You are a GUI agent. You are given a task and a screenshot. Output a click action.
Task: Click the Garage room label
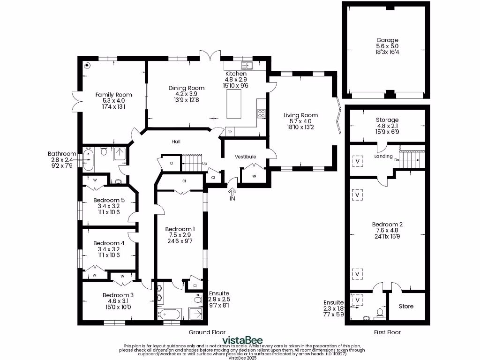pyautogui.click(x=387, y=40)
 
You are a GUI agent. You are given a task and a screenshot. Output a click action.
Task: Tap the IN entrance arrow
pyautogui.click(x=232, y=191)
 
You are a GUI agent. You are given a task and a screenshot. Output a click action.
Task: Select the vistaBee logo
pyautogui.click(x=242, y=340)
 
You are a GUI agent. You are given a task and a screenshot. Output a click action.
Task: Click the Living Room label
pyautogui.click(x=300, y=115)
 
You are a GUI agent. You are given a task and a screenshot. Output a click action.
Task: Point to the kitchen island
pyautogui.click(x=234, y=105)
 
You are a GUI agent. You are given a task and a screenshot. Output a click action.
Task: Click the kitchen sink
pyautogui.click(x=247, y=65)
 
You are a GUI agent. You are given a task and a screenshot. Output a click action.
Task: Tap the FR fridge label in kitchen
pyautogui.click(x=230, y=132)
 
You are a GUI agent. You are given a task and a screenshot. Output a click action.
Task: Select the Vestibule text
pyautogui.click(x=245, y=157)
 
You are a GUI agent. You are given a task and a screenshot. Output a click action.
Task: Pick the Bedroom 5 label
pyautogui.click(x=108, y=200)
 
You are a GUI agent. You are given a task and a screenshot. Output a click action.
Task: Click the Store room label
pyautogui.click(x=406, y=306)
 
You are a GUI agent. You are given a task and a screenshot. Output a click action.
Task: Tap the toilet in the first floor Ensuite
pyautogui.click(x=380, y=312)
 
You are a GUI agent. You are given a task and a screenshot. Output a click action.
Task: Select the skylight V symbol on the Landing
pyautogui.click(x=359, y=160)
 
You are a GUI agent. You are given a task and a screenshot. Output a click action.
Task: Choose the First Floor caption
pyautogui.click(x=387, y=332)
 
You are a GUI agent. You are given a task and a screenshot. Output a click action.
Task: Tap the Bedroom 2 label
pyautogui.click(x=387, y=224)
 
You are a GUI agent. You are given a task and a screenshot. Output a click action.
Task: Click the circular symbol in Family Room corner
pyautogui.click(x=87, y=65)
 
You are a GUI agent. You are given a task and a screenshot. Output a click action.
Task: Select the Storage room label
pyautogui.click(x=387, y=120)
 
